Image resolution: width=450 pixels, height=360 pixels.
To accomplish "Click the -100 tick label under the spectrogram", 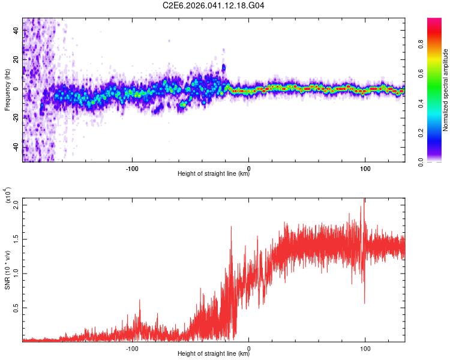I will (x=132, y=167).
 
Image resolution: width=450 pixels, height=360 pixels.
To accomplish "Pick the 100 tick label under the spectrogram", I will (x=365, y=167).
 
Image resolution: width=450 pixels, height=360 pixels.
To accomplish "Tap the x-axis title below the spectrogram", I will (x=214, y=174).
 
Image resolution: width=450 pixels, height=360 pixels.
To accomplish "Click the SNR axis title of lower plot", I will (x=7, y=270).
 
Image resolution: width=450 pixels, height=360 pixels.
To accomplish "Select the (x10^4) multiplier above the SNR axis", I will (x=8, y=196).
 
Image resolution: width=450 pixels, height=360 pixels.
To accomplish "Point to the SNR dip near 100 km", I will (x=364, y=302).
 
